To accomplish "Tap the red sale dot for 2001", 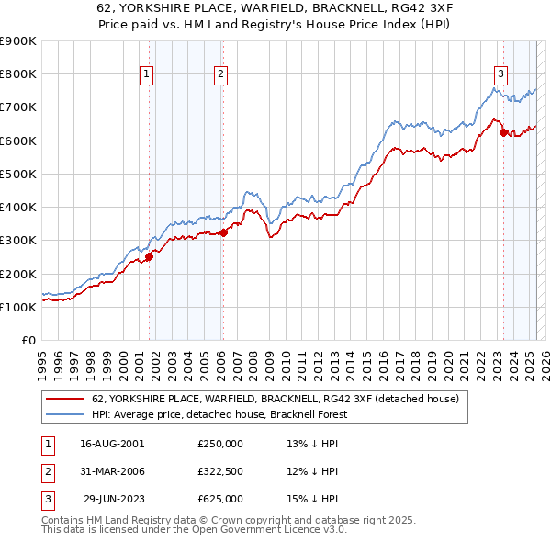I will point(149,256).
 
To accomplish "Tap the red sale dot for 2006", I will point(223,232).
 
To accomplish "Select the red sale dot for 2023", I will point(503,132).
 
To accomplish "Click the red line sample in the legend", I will point(63,400).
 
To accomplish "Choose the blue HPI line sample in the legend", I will point(63,415).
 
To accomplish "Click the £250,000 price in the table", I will point(220,444).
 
